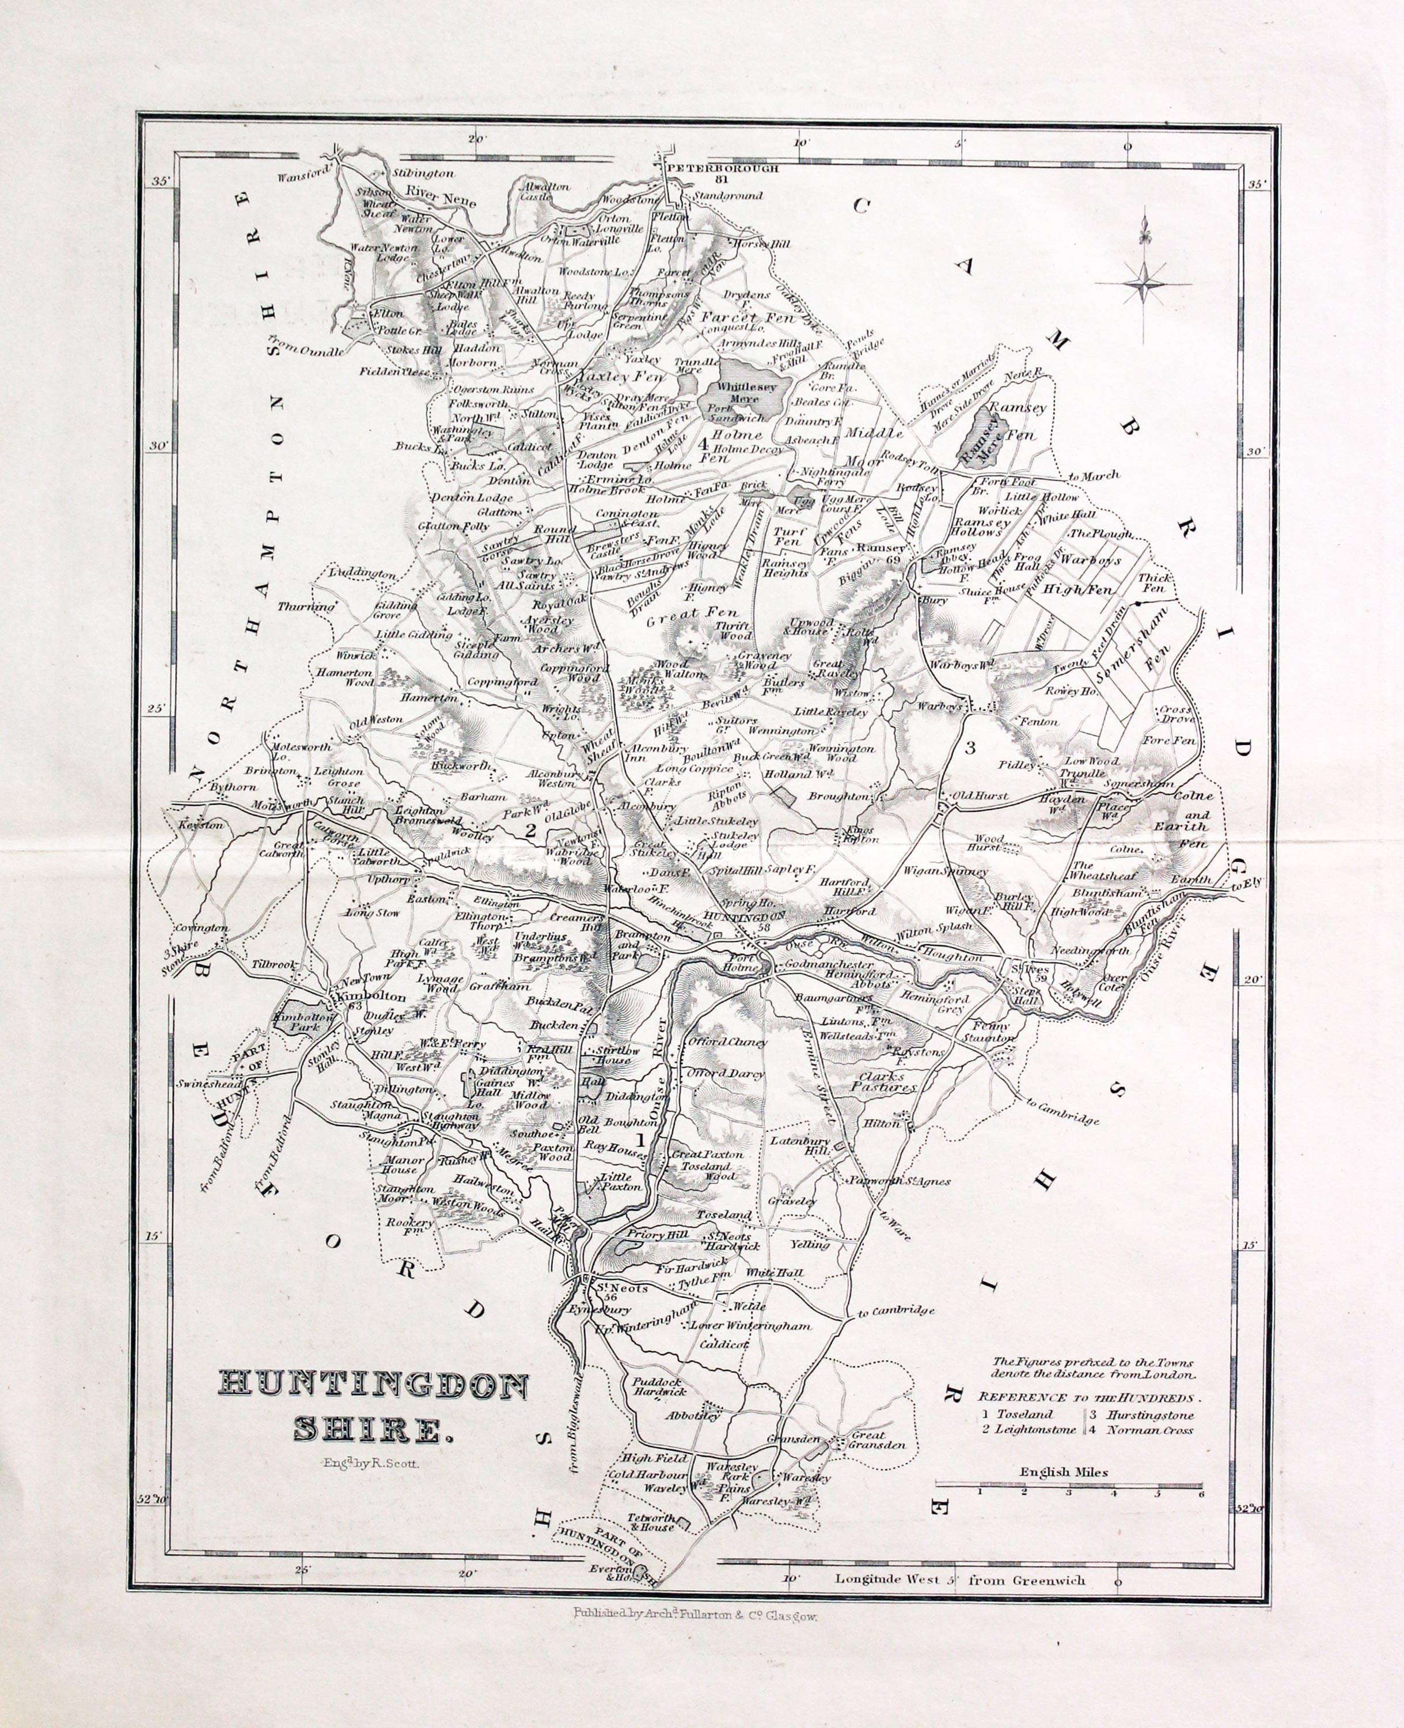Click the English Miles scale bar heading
tap(1064, 1472)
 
